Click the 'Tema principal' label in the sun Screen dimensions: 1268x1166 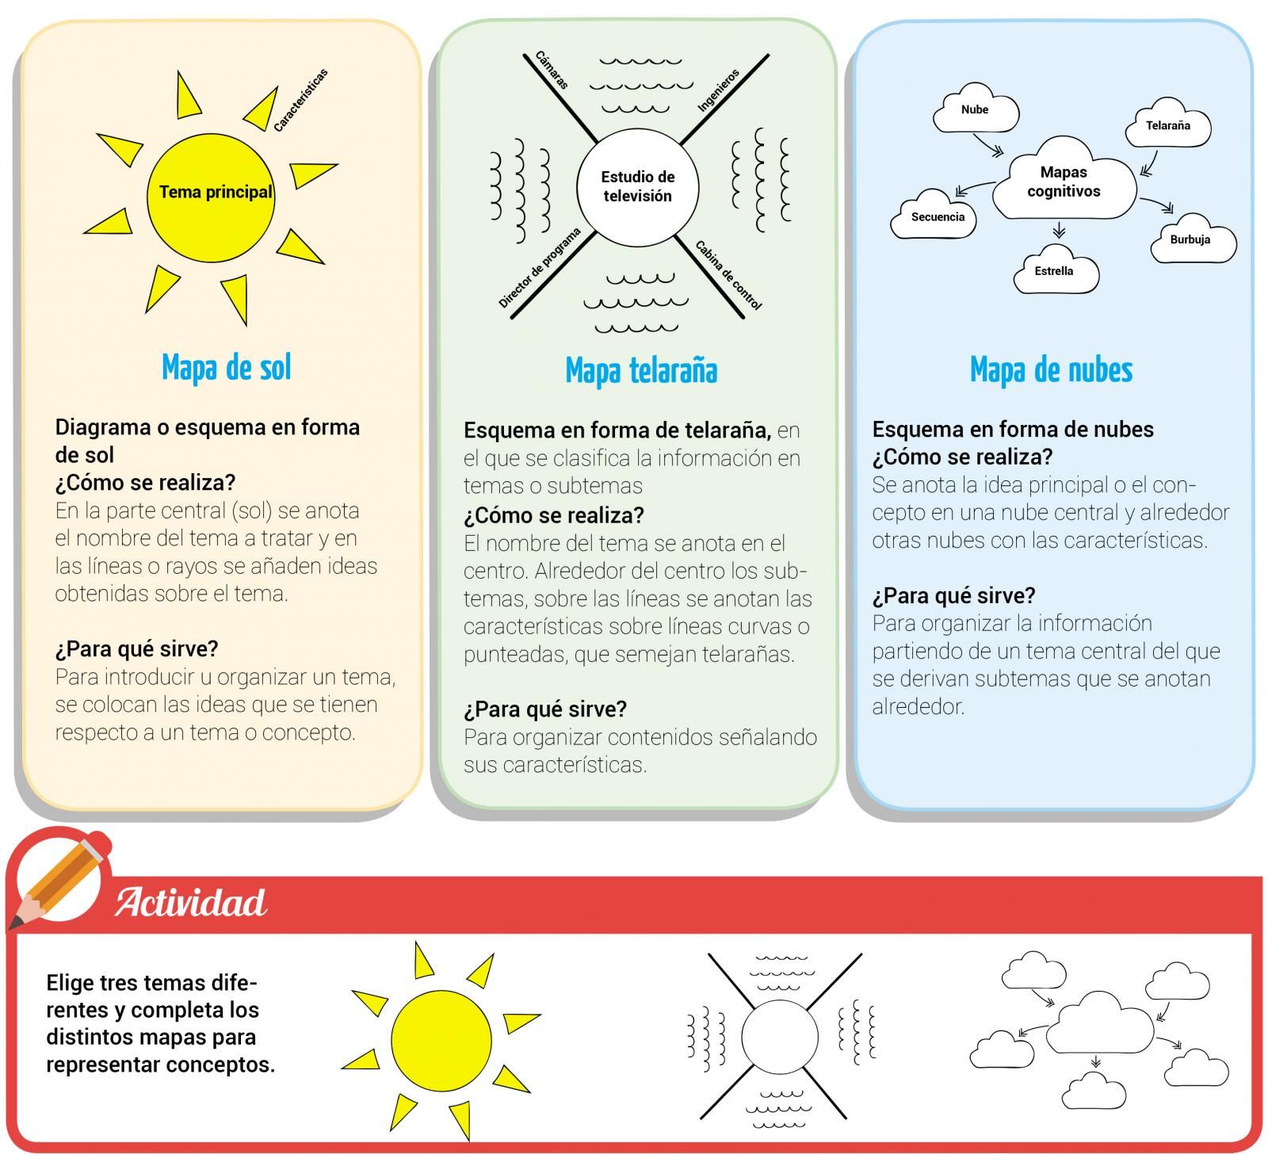pos(216,192)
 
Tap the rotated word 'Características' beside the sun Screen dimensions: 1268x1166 pos(300,101)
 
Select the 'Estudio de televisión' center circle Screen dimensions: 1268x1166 pos(637,187)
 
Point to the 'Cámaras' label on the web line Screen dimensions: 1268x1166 pos(552,71)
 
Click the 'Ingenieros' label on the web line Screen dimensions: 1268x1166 pos(719,90)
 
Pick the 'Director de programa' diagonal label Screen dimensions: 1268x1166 pos(540,268)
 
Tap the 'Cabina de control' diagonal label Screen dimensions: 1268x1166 pos(728,275)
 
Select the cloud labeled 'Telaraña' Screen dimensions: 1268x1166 pos(1168,124)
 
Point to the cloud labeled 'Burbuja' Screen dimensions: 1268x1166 pos(1191,239)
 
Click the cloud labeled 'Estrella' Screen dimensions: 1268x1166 pos(1055,270)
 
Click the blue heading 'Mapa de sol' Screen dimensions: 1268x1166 pos(227,368)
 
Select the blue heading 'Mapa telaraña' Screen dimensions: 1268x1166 pos(641,370)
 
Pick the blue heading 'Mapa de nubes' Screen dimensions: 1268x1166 pos(1052,369)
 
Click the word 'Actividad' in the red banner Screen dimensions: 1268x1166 pos(191,902)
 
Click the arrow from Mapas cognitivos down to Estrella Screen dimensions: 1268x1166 pos(1059,230)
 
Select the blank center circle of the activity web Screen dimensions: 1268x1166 pos(780,1038)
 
